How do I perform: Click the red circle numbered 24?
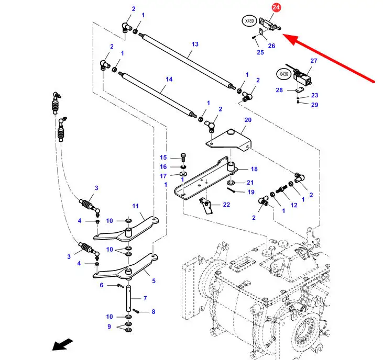click(276, 7)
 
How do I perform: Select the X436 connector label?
click(283, 74)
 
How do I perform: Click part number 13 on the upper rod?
click(195, 44)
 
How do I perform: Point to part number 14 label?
click(169, 79)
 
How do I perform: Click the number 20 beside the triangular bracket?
click(248, 120)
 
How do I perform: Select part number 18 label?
click(254, 169)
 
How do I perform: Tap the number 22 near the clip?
click(226, 205)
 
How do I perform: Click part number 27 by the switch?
click(314, 61)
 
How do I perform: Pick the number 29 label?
click(314, 105)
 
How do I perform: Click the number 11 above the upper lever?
click(135, 206)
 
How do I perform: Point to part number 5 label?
click(154, 280)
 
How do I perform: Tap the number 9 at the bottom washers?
click(110, 327)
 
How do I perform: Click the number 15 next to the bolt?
click(163, 157)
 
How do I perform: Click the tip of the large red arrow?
click(284, 36)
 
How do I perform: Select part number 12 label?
click(294, 205)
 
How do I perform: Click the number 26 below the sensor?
click(271, 46)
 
